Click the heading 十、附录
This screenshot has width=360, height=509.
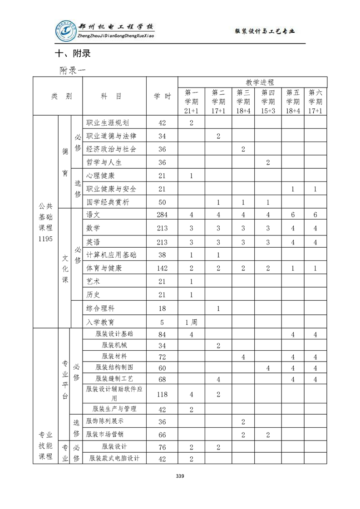click(x=73, y=54)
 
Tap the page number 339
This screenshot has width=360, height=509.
click(x=180, y=476)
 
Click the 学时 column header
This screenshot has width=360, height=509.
click(x=162, y=96)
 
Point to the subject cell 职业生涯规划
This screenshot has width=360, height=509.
click(x=108, y=122)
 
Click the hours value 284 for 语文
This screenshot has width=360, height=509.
click(x=162, y=215)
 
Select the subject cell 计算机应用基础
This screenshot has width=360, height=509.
click(x=111, y=255)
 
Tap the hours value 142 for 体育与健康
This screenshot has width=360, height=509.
click(x=162, y=268)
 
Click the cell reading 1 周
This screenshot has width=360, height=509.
click(x=191, y=322)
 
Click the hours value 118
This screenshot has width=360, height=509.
click(x=162, y=394)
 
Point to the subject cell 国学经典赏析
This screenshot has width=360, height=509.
click(x=108, y=202)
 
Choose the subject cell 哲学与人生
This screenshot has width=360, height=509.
click(x=104, y=162)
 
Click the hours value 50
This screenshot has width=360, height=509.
click(x=162, y=202)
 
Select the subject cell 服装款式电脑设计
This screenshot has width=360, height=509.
click(x=114, y=458)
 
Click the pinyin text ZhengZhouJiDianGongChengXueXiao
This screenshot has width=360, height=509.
click(x=116, y=36)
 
